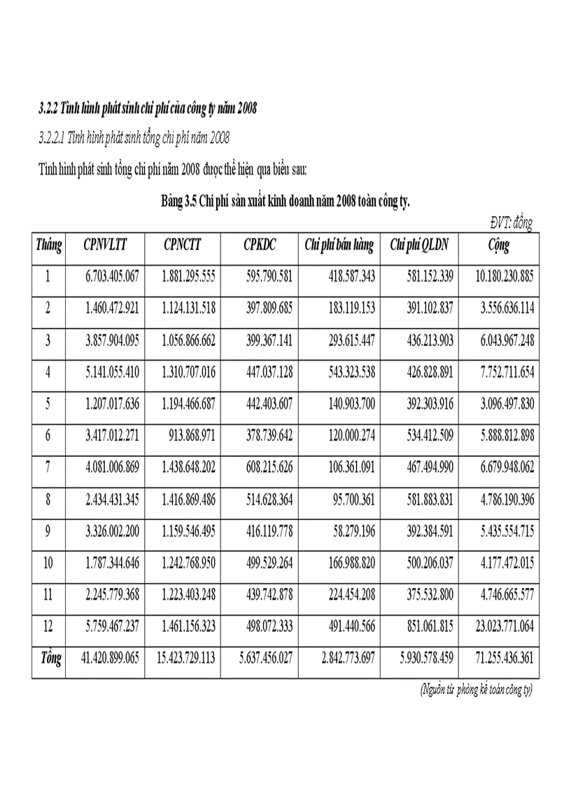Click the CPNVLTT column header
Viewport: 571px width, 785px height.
tap(104, 245)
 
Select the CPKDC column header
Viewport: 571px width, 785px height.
tap(260, 245)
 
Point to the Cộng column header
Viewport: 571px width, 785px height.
tap(498, 245)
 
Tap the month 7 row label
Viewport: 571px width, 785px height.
tap(48, 467)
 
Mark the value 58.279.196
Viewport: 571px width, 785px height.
tap(348, 531)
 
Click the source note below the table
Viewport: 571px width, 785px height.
tap(477, 691)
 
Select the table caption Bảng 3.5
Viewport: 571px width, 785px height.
tap(285, 203)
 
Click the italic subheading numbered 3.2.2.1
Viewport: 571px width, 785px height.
tap(134, 138)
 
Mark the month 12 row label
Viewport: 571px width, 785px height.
tap(48, 626)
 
